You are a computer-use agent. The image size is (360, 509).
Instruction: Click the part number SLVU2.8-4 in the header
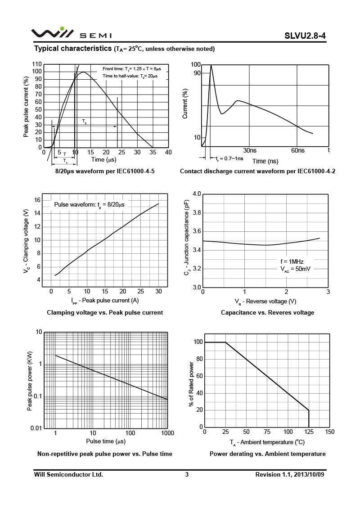coord(305,36)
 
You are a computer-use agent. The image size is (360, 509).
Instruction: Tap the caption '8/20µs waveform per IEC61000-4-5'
coord(105,171)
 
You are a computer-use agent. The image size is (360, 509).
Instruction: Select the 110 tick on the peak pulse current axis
coord(37,64)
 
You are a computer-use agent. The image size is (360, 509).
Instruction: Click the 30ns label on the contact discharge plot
coord(250,150)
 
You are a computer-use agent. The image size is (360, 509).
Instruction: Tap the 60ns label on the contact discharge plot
coord(298,150)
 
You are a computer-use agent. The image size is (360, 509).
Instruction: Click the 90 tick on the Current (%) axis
coord(197,73)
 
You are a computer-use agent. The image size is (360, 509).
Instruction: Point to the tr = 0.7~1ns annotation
coord(229,158)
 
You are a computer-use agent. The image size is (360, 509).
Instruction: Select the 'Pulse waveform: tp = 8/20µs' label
coord(89,205)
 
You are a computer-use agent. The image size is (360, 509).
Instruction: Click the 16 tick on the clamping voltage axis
coord(37,200)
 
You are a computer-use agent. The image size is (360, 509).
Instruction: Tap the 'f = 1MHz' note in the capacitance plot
coord(292,261)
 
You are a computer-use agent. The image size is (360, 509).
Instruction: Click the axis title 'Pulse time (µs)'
coord(106,441)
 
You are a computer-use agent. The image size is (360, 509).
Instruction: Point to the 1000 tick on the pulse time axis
coord(167,433)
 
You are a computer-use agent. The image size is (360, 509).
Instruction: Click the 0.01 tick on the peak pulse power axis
coord(36,428)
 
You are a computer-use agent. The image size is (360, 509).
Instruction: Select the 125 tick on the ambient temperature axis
coord(309,432)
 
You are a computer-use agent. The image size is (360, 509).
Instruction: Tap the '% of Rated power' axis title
coord(191,384)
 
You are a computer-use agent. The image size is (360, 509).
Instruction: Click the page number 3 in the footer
coord(187,474)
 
